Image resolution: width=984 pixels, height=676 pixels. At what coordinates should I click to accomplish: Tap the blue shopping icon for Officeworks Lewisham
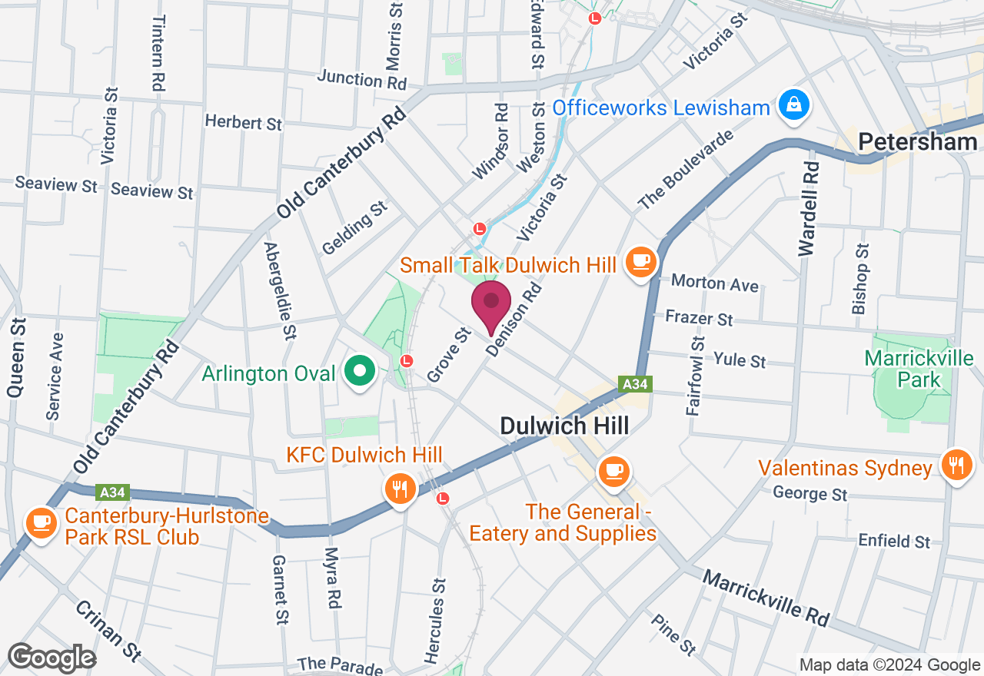coord(791,106)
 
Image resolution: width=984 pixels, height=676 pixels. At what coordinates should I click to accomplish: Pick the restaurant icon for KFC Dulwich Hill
coord(399,488)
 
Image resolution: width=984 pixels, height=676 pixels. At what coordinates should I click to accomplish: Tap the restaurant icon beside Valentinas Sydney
coord(956,466)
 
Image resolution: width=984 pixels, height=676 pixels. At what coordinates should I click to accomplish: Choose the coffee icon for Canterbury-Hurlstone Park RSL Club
coord(41,524)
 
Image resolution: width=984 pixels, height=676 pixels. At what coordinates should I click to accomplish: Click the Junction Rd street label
coord(361,78)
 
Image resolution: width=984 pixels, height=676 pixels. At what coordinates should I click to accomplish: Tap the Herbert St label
coord(243,123)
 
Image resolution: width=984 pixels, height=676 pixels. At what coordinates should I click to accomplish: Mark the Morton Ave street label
coord(715,283)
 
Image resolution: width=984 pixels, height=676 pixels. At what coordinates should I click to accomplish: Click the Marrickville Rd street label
coord(766,597)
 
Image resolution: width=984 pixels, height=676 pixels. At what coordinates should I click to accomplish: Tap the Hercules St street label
coord(434,620)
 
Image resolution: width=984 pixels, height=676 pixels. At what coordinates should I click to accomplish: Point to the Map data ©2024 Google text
coord(889,665)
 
